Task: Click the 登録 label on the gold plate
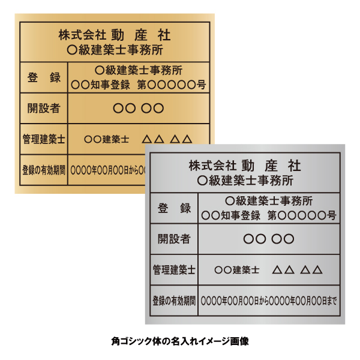pyautogui.click(x=44, y=77)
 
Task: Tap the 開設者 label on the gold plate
pyautogui.click(x=44, y=108)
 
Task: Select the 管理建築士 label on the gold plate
pyautogui.click(x=44, y=139)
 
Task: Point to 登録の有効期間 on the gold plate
pyautogui.click(x=44, y=170)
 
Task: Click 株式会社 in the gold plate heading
pyautogui.click(x=82, y=35)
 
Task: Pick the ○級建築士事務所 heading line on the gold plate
pyautogui.click(x=115, y=50)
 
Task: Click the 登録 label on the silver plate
pyautogui.click(x=174, y=208)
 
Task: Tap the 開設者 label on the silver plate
pyautogui.click(x=174, y=239)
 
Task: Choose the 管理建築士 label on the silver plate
pyautogui.click(x=174, y=270)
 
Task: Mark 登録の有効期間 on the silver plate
pyautogui.click(x=174, y=301)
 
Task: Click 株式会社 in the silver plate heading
pyautogui.click(x=212, y=166)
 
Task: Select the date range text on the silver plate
pyautogui.click(x=269, y=301)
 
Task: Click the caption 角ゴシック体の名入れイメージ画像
pyautogui.click(x=180, y=341)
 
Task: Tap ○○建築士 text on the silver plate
pyautogui.click(x=237, y=270)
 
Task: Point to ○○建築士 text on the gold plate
pyautogui.click(x=107, y=139)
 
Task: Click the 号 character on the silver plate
pyautogui.click(x=332, y=215)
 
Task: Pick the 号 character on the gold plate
pyautogui.click(x=201, y=85)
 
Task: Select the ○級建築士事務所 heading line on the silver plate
pyautogui.click(x=245, y=181)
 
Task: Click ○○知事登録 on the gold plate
pyautogui.click(x=101, y=85)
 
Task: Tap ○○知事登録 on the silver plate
pyautogui.click(x=231, y=215)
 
